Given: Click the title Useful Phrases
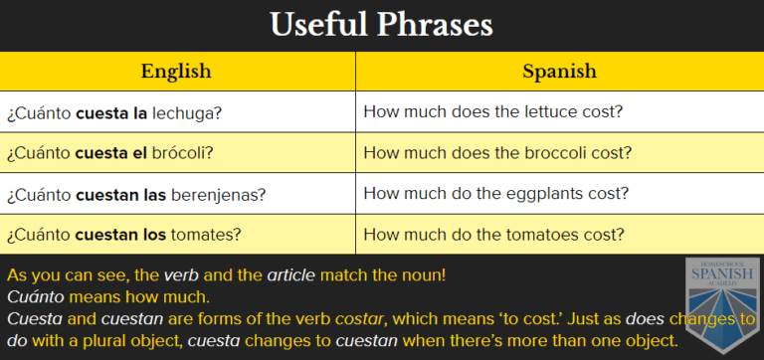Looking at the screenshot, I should (382, 25).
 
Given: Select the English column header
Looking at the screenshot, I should (177, 71).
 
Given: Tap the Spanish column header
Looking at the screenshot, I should (559, 71).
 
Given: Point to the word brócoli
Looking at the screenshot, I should (182, 153).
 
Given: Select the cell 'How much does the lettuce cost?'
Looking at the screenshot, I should (493, 112).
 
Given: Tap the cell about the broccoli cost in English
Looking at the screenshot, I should (497, 153).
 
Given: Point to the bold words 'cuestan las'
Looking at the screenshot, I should (120, 194).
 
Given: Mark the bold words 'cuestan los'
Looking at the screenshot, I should (119, 235).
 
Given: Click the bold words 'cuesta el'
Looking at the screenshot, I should (109, 153).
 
